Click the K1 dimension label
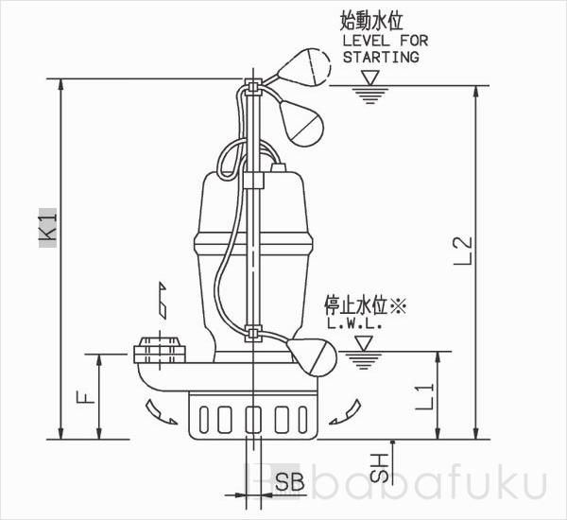point(48,228)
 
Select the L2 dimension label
point(463,251)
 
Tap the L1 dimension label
point(424,396)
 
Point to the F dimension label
point(86,398)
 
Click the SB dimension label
point(290,481)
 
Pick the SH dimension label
point(379,468)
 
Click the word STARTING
point(381,57)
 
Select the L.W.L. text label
point(354,323)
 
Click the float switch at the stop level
point(313,356)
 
